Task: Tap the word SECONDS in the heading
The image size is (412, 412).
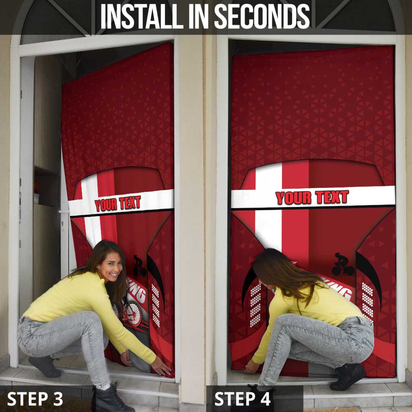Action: point(262,16)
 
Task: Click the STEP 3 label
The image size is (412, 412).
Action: point(35,399)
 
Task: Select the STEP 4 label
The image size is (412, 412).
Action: point(242,399)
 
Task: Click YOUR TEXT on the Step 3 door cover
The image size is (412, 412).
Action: point(117,203)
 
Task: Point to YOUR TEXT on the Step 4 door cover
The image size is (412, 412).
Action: point(312,198)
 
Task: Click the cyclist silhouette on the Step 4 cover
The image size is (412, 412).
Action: point(342,265)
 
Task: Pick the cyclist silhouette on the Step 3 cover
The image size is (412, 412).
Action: point(139,266)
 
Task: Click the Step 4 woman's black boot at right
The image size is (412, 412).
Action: point(347,377)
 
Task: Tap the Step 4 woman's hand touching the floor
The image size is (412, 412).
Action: point(251,367)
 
